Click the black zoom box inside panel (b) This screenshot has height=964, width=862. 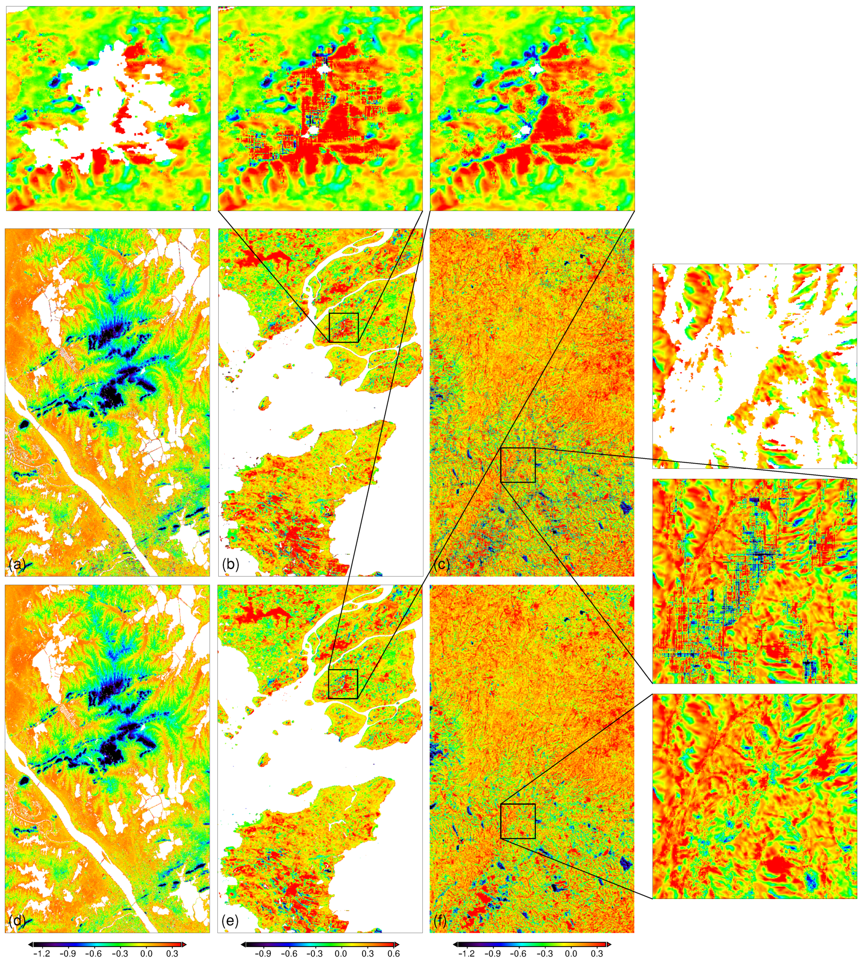tap(343, 327)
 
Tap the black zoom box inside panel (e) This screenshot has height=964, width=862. tap(343, 684)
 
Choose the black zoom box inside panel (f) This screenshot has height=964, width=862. tap(518, 821)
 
